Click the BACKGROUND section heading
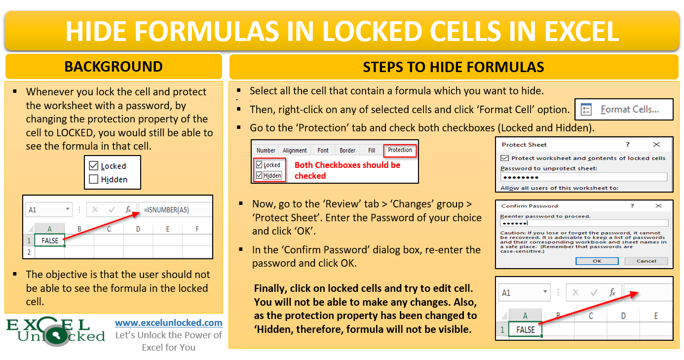114,67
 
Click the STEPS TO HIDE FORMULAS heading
453,67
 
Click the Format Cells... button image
623,110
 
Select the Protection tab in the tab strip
400,150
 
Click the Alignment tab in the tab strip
295,151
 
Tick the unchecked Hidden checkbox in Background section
94,180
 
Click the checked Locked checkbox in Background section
94,166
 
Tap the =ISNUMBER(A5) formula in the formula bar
167,210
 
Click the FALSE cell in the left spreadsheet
50,240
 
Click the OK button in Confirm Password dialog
597,261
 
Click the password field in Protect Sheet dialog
583,177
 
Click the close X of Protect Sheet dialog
656,145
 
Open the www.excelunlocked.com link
169,323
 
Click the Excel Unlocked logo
55,331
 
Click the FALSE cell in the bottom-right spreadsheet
525,329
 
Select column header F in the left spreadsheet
197,229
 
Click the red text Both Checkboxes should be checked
347,170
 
